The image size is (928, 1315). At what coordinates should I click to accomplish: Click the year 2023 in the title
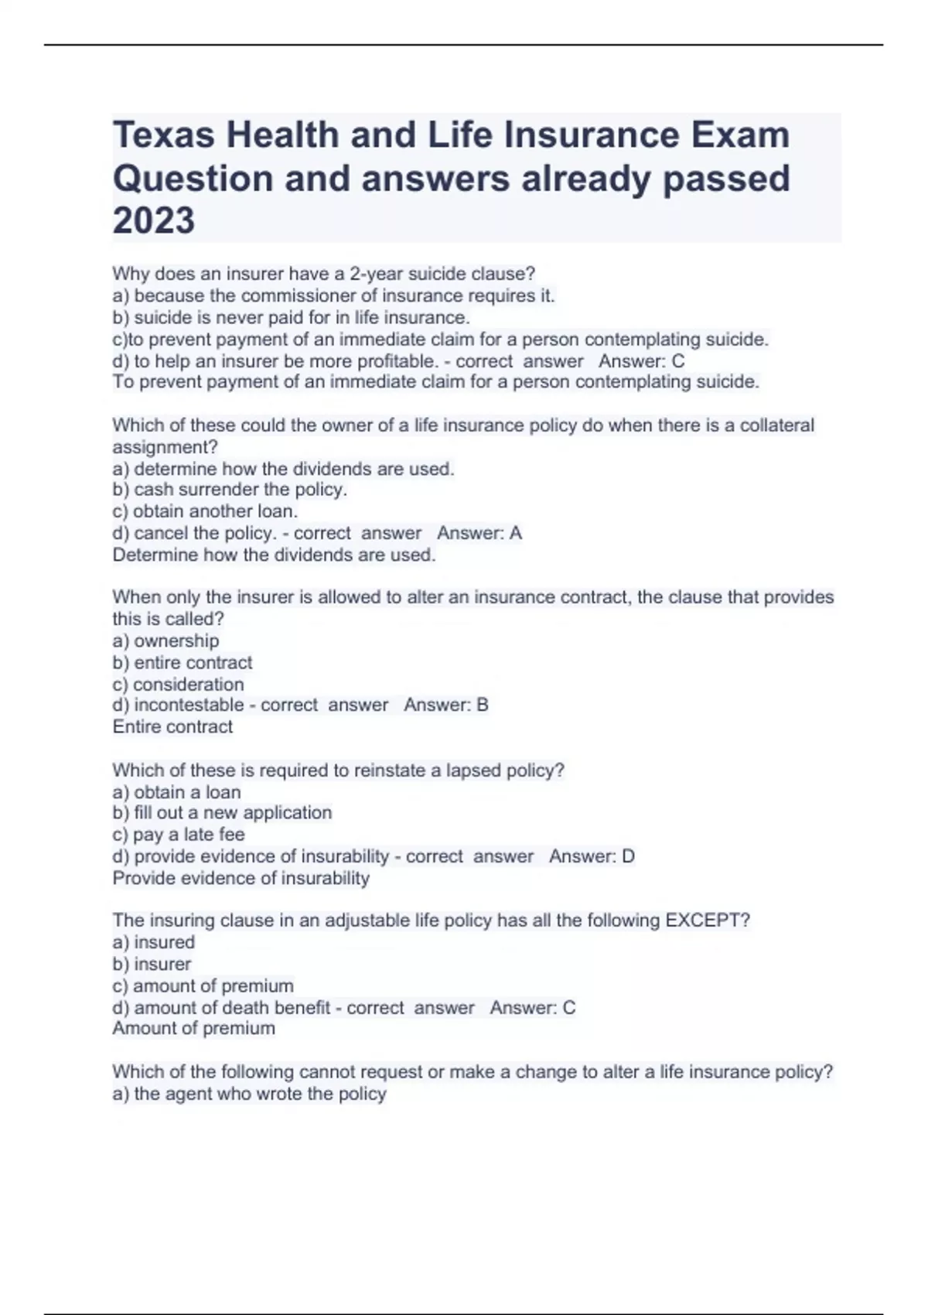154,220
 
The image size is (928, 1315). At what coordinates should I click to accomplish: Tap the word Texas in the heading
163,135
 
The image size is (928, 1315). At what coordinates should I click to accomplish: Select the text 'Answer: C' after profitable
641,361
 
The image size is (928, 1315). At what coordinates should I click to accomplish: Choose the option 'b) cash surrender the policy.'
230,490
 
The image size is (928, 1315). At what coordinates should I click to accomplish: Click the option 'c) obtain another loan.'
205,511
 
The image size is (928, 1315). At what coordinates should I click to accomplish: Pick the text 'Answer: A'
479,533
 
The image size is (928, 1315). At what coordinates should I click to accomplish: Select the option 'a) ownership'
165,640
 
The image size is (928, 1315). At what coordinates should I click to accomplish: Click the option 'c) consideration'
178,685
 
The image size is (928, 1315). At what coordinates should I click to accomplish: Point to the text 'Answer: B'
446,705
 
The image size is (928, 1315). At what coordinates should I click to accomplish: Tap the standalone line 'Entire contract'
172,726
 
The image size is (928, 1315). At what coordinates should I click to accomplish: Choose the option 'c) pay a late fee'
179,835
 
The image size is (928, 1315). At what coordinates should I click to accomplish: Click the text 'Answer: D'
592,856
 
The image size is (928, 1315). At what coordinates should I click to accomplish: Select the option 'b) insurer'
152,964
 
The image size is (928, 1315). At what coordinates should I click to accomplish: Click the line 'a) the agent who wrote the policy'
249,1094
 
